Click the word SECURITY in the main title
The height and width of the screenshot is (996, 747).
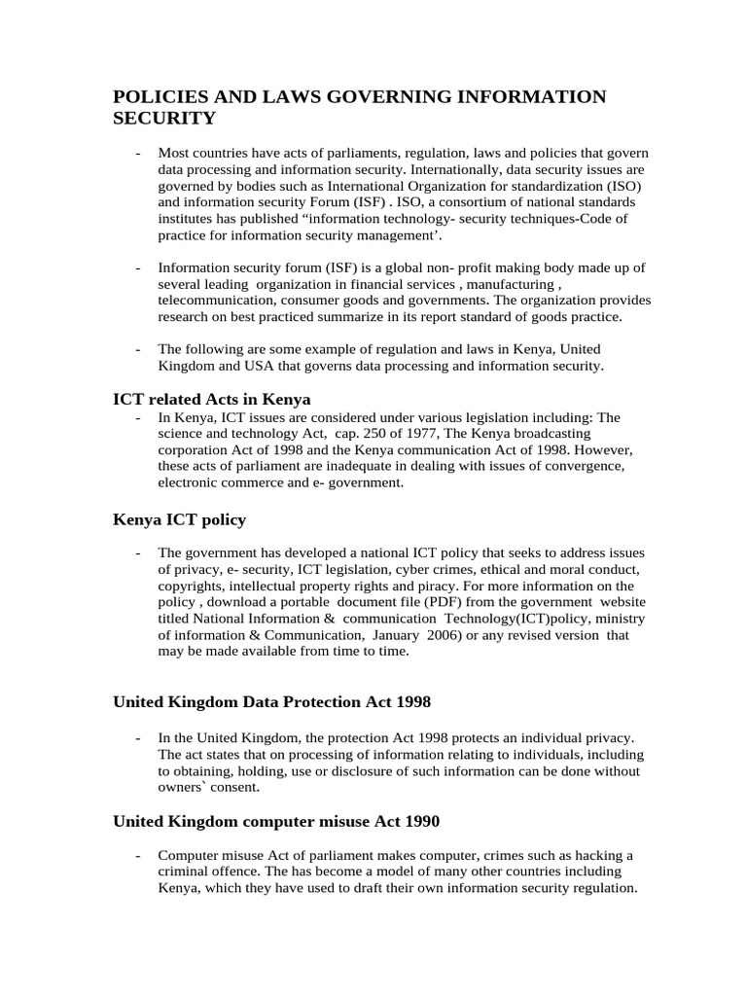pyautogui.click(x=164, y=119)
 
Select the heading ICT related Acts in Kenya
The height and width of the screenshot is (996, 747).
pyautogui.click(x=211, y=399)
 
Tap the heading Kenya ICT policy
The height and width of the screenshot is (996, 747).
pyautogui.click(x=179, y=519)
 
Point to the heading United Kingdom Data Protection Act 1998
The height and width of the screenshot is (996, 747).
pyautogui.click(x=272, y=701)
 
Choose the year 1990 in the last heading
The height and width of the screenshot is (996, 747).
pyautogui.click(x=419, y=822)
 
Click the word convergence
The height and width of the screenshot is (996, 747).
pyautogui.click(x=579, y=466)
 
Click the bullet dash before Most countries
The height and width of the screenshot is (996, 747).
pyautogui.click(x=138, y=154)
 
